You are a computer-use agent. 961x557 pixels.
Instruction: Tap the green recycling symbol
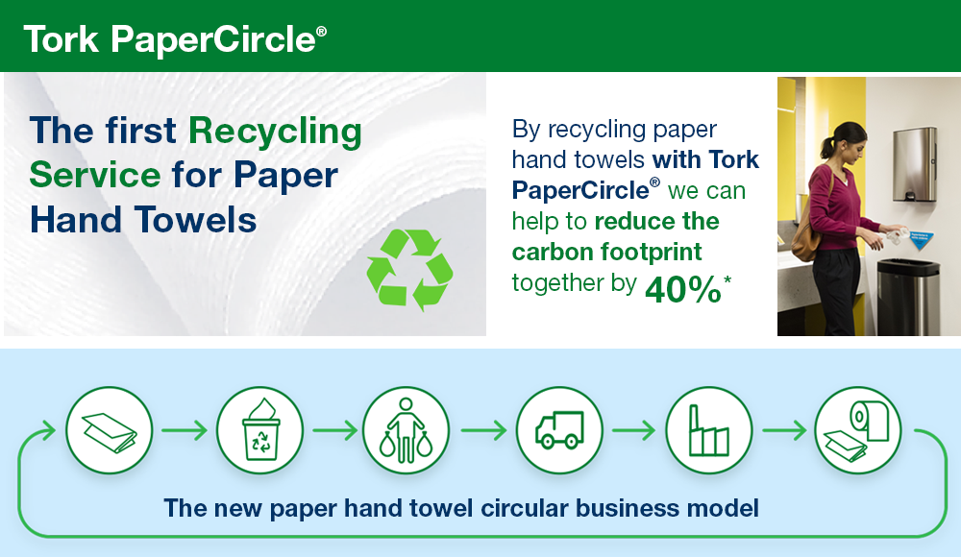409,270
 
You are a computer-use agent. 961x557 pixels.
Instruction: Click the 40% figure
682,289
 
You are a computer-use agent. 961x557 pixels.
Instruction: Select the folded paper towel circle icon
109,430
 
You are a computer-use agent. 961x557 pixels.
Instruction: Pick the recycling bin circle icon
259,430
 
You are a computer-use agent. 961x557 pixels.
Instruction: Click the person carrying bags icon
406,430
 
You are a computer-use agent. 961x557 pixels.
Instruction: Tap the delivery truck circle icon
559,430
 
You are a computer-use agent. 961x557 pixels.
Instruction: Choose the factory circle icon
709,430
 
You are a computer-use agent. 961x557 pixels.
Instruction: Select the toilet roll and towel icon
857,430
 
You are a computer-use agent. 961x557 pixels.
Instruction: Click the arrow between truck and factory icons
634,430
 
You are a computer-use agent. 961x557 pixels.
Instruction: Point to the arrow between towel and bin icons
184,430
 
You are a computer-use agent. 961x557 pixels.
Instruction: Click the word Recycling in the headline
275,131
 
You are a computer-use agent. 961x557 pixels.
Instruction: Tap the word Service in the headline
94,176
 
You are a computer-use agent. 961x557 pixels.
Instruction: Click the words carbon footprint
606,252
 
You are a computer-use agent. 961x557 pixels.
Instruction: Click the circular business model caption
461,507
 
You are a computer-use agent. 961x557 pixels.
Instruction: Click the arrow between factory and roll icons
784,430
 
